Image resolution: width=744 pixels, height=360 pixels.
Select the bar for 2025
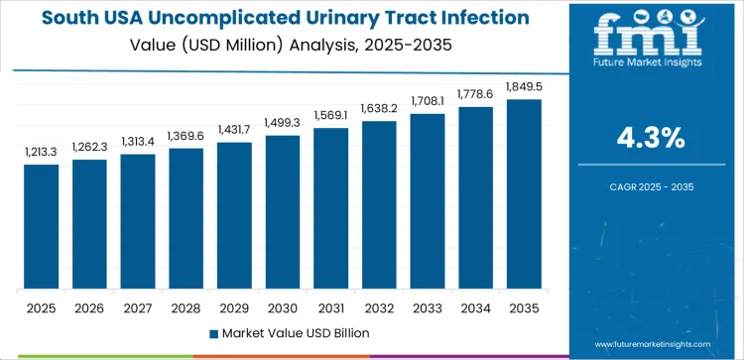pyautogui.click(x=42, y=227)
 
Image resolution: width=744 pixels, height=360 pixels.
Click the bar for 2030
pyautogui.click(x=283, y=212)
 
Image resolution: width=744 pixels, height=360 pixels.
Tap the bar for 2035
pyautogui.click(x=524, y=194)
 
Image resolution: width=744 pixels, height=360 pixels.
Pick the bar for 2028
pyautogui.click(x=186, y=219)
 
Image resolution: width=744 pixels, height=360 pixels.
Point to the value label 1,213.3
pyautogui.click(x=42, y=152)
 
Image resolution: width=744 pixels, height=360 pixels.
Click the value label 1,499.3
pyautogui.click(x=283, y=122)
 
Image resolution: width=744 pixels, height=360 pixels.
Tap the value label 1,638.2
pyautogui.click(x=379, y=108)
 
